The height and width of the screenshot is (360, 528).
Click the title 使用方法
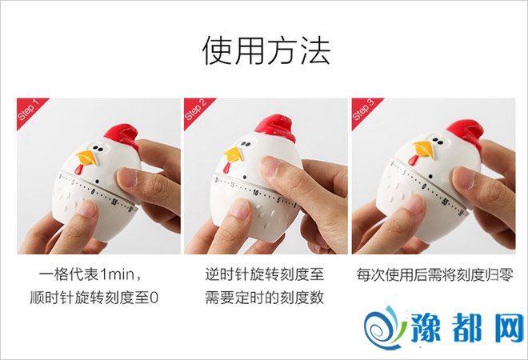coord(266,50)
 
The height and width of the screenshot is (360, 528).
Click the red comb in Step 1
coord(122,135)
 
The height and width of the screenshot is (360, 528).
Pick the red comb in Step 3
coord(464,132)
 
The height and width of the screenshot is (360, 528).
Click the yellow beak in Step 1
coord(88,158)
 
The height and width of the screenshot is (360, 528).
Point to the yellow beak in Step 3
coord(424,150)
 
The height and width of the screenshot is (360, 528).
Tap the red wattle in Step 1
coord(78,169)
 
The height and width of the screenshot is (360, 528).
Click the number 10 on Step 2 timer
coord(256,193)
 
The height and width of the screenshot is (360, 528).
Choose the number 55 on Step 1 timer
coord(114,202)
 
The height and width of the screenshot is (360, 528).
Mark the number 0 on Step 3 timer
coord(424,186)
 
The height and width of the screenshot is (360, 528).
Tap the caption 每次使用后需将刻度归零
coord(435,274)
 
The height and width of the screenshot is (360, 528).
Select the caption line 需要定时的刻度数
coord(265,298)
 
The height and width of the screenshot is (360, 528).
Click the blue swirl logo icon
coord(385,327)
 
